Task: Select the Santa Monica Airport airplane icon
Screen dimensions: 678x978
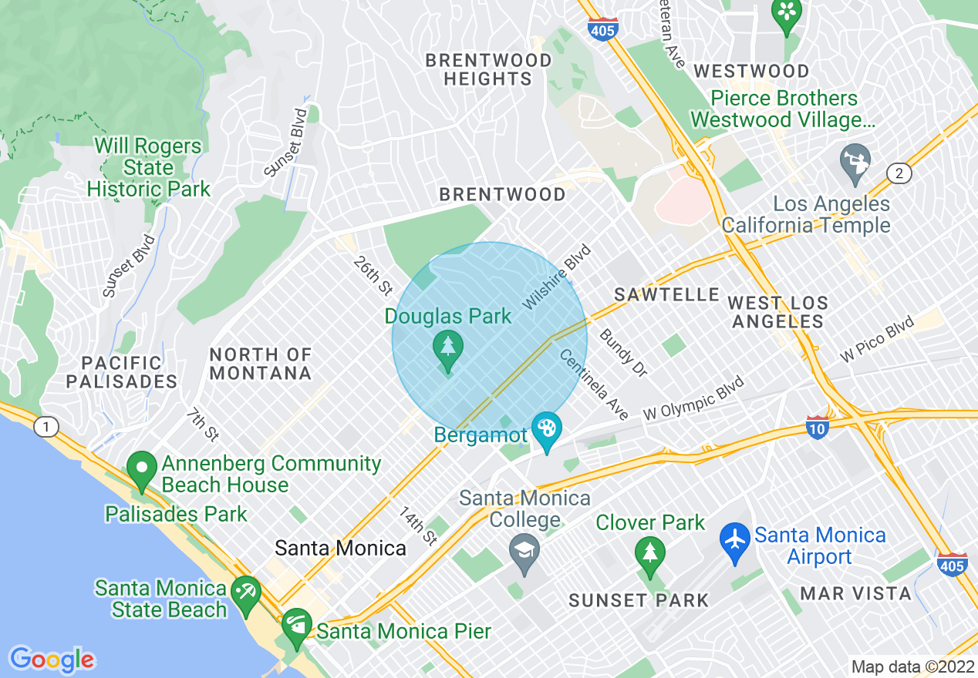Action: coord(736,539)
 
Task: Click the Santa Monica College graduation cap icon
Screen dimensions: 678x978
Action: coord(525,550)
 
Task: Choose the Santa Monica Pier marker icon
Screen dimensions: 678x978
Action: coord(296,623)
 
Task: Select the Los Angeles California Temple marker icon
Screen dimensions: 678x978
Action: coord(855,161)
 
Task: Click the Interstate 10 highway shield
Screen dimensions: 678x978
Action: coord(818,427)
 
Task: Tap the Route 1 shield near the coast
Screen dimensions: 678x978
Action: coord(47,427)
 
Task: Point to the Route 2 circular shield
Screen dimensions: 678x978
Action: coord(899,173)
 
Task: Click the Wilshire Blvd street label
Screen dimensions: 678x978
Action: coord(556,277)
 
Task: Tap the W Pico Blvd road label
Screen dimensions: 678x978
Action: coord(877,340)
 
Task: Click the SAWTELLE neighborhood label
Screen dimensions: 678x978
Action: coord(667,294)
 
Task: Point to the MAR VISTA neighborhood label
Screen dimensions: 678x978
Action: coord(855,594)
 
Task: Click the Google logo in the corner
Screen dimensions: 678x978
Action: coord(52,659)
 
